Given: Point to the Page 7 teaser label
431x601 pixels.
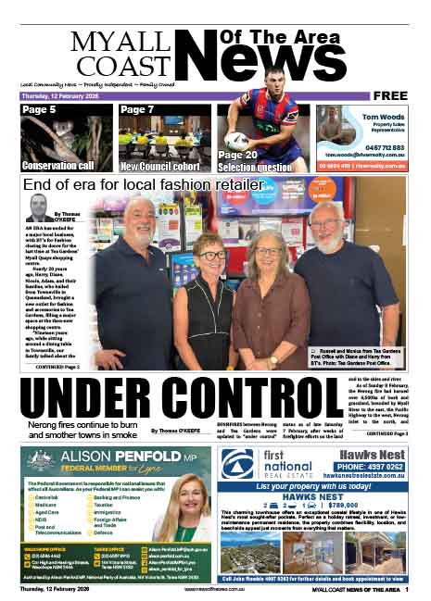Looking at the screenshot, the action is coord(137,110).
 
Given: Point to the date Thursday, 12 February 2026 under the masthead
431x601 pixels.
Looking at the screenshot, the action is coord(57,95).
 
